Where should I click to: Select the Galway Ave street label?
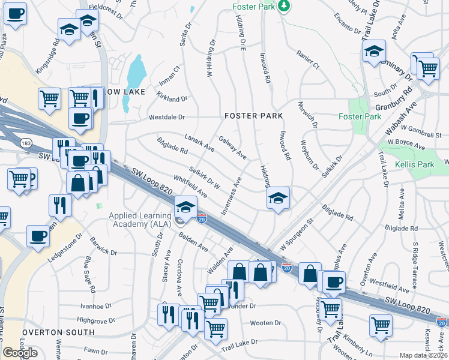tap(232, 147)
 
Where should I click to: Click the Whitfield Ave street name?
tap(190, 187)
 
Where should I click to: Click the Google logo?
tap(19, 352)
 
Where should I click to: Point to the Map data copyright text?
tap(423, 355)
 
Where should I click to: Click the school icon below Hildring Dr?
tap(278, 198)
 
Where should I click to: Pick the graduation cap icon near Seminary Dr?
tap(373, 51)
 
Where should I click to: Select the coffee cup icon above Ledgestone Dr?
tap(38, 236)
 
